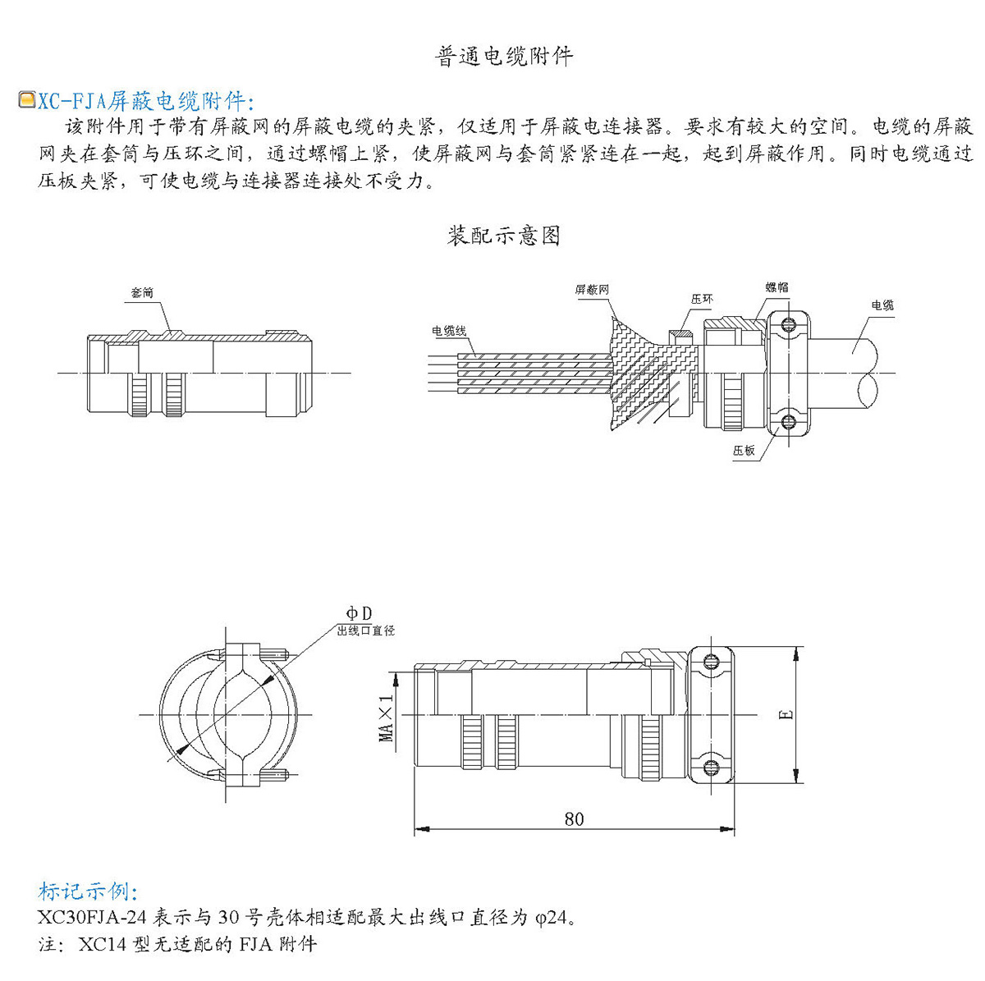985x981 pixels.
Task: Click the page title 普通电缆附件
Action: [503, 56]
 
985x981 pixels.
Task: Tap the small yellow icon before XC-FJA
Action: [26, 100]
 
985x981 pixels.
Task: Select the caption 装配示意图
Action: [503, 236]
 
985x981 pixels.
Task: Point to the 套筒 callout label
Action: [142, 293]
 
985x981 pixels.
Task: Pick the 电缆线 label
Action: [449, 331]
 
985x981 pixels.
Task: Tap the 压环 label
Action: [702, 300]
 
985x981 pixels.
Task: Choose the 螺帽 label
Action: [777, 287]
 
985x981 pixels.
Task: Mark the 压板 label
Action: [744, 450]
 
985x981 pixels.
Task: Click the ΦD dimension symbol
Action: [359, 613]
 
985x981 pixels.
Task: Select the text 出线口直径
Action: [366, 630]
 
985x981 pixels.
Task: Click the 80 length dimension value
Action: [574, 818]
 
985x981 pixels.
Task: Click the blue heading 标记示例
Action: [89, 892]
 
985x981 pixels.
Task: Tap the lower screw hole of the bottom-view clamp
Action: [711, 768]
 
